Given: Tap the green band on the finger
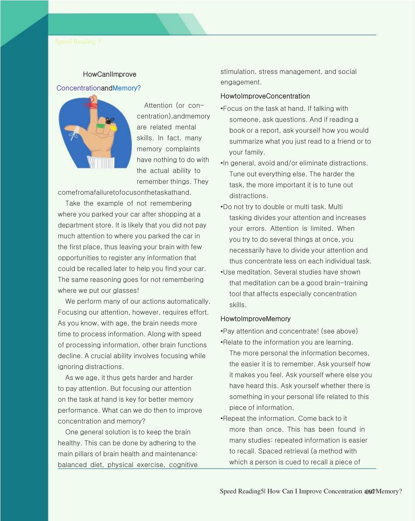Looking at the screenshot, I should coord(100,126).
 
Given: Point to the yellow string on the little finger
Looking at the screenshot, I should coord(113,128).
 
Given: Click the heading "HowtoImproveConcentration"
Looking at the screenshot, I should coord(265,96).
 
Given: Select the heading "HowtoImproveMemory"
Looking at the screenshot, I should coord(255,319).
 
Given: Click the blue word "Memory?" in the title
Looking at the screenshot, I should coord(126,88).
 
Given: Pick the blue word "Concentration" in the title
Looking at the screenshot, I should coord(79,88).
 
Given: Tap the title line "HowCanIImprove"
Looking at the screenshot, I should coord(109,74).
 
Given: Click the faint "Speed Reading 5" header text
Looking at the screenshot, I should coord(78,41).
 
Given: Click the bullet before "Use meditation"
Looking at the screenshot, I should coord(222,272).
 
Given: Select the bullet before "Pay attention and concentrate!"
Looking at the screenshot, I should coord(222,331).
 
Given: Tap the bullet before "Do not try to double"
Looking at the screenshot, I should coord(222,207).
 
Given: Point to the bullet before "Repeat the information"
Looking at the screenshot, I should coord(222,419).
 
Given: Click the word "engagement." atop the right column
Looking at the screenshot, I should coord(241,82).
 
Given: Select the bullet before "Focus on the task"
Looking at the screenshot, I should coord(222,109).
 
